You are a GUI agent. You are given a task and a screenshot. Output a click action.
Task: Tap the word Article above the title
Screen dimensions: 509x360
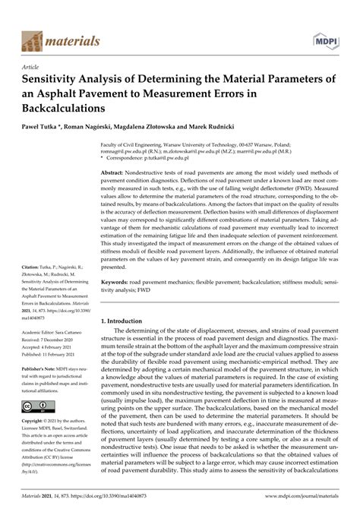tap(33, 66)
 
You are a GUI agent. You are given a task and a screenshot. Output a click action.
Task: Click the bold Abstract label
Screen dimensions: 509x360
tap(114, 173)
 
